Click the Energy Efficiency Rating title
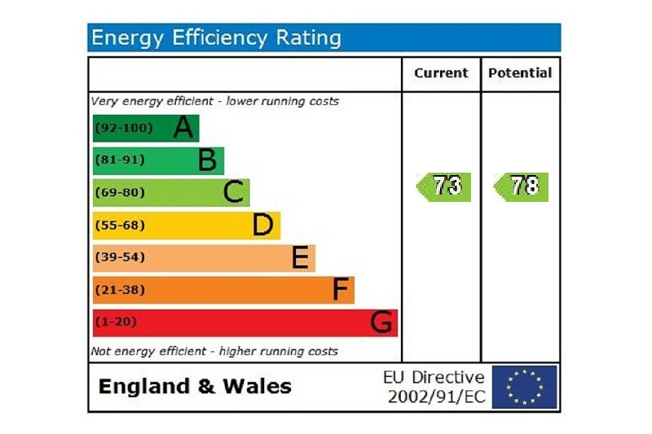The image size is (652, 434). click(x=216, y=37)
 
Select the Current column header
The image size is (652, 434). click(x=441, y=73)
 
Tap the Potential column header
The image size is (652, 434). click(x=520, y=73)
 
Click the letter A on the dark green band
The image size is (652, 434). click(x=184, y=128)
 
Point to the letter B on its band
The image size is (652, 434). click(x=208, y=160)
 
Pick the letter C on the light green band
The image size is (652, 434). click(x=234, y=193)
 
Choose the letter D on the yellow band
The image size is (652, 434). click(x=262, y=226)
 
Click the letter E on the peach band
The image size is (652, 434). click(x=300, y=258)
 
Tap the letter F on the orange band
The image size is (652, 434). click(x=341, y=290)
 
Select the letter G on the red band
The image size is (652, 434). click(x=381, y=323)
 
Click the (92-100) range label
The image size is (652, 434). click(x=123, y=128)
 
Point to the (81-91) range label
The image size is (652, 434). click(x=120, y=160)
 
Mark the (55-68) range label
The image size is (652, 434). click(x=120, y=225)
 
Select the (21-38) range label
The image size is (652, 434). click(x=120, y=289)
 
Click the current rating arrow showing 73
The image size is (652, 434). click(x=444, y=186)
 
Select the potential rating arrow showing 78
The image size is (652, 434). click(x=522, y=186)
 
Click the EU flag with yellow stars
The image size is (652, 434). click(x=524, y=387)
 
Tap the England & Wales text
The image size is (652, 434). click(x=195, y=387)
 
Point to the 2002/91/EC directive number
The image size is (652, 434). click(x=435, y=397)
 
